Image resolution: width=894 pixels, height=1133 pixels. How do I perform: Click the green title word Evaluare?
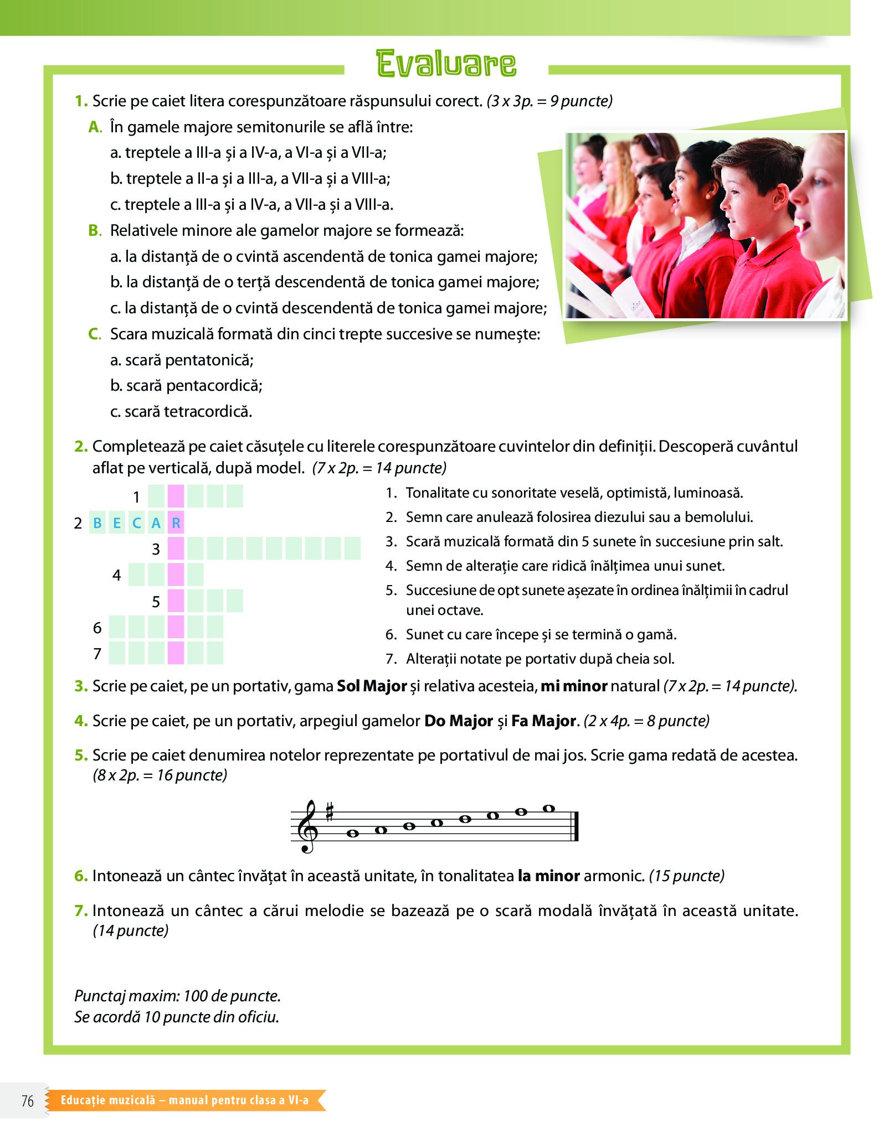pyautogui.click(x=446, y=64)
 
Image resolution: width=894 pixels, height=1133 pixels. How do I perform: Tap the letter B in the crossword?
pyautogui.click(x=97, y=523)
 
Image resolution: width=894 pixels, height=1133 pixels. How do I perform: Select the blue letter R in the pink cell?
pyautogui.click(x=176, y=523)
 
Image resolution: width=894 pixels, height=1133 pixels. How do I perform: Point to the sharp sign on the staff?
pyautogui.click(x=330, y=812)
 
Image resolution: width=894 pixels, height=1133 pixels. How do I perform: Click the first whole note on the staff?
pyautogui.click(x=353, y=833)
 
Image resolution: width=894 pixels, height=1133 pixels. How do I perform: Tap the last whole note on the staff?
pyautogui.click(x=548, y=809)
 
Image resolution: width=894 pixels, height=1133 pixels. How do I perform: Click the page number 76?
pyautogui.click(x=28, y=1101)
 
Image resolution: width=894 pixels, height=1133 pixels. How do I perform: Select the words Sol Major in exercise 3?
pyautogui.click(x=372, y=686)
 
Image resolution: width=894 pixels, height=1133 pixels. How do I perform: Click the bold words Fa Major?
pyautogui.click(x=544, y=721)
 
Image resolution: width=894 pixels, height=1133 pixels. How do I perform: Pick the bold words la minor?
pyautogui.click(x=548, y=876)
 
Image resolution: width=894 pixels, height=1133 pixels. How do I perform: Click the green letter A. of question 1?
pyautogui.click(x=95, y=127)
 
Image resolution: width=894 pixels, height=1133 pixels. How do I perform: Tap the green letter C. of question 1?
pyautogui.click(x=95, y=334)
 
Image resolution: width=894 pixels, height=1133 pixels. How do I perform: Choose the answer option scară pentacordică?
pyautogui.click(x=187, y=386)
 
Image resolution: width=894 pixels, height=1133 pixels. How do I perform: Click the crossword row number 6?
pyautogui.click(x=97, y=628)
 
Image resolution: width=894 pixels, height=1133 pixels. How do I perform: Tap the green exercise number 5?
pyautogui.click(x=81, y=756)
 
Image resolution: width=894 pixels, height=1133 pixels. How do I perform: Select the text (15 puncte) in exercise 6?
pyautogui.click(x=686, y=876)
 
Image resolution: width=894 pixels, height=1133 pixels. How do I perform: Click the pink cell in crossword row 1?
pyautogui.click(x=176, y=496)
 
